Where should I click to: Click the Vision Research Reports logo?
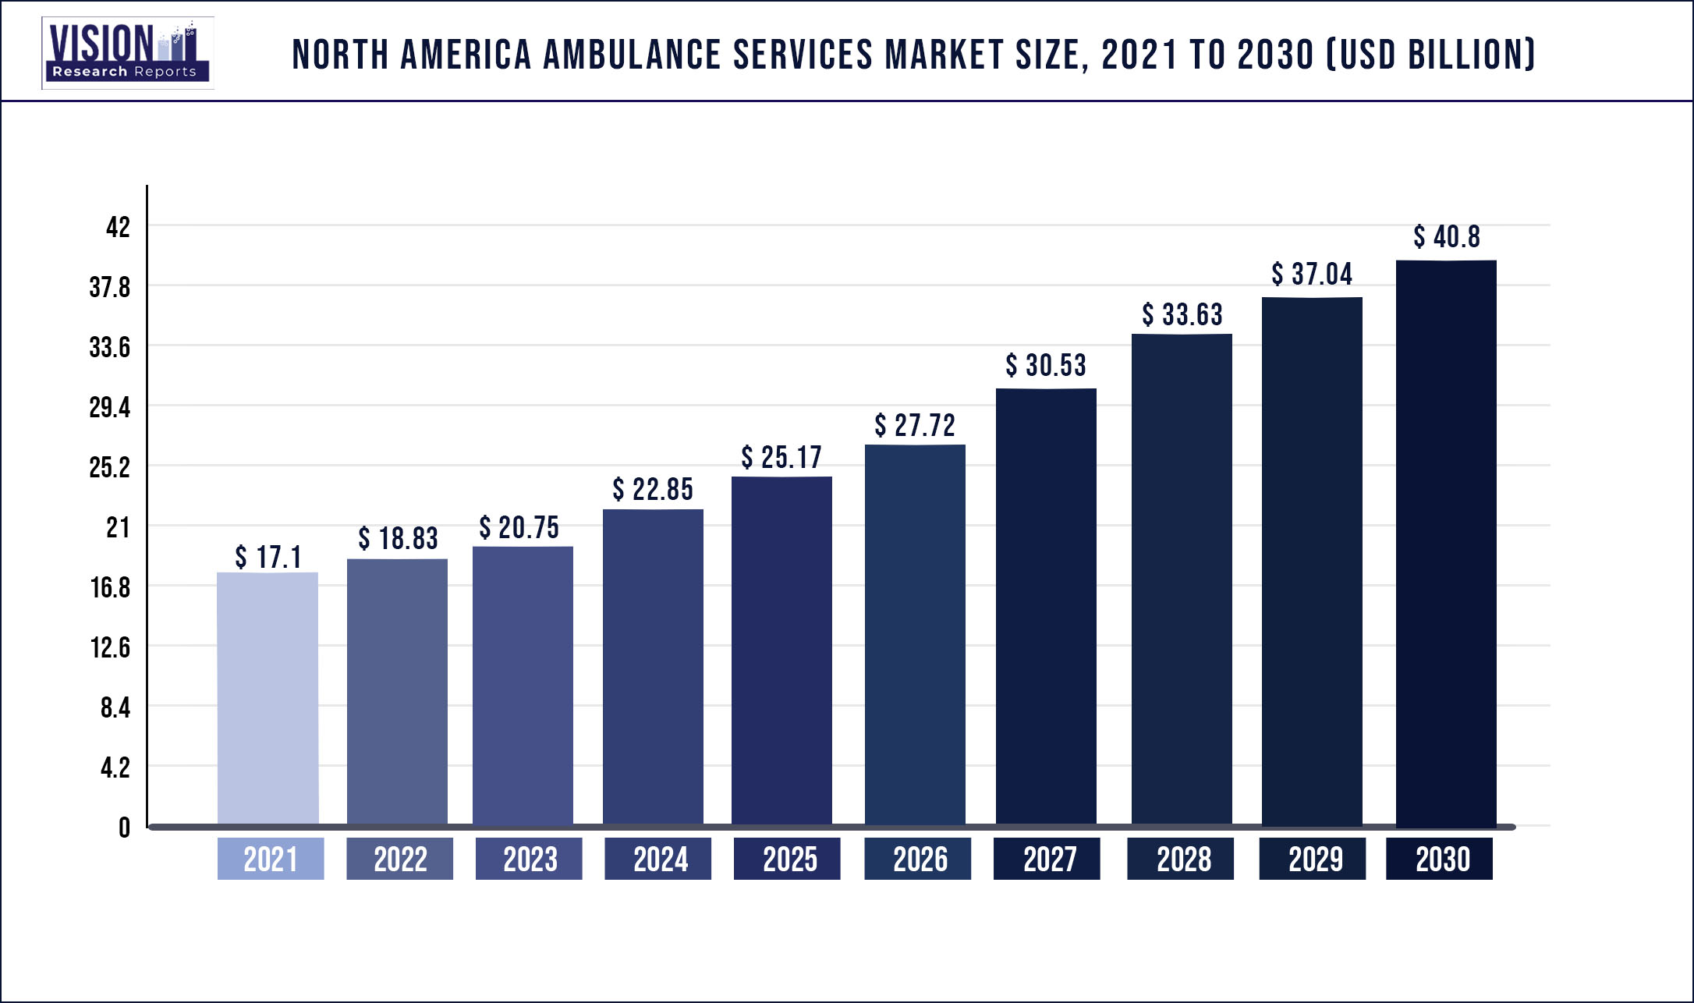127,52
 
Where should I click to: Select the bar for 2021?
268,698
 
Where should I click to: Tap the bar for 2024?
653,667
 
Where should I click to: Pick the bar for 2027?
1046,607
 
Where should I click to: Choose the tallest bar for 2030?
1446,543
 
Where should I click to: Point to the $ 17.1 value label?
268,557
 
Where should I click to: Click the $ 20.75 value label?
519,528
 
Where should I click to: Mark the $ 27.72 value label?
914,426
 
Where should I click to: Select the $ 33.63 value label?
1182,315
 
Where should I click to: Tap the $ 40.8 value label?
1446,237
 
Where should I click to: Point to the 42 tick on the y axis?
118,227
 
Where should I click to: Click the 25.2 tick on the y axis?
109,467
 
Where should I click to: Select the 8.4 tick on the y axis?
115,707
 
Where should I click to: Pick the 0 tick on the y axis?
124,828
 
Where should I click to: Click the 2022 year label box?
399,859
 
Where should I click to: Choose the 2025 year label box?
787,859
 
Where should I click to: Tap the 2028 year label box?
1180,859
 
